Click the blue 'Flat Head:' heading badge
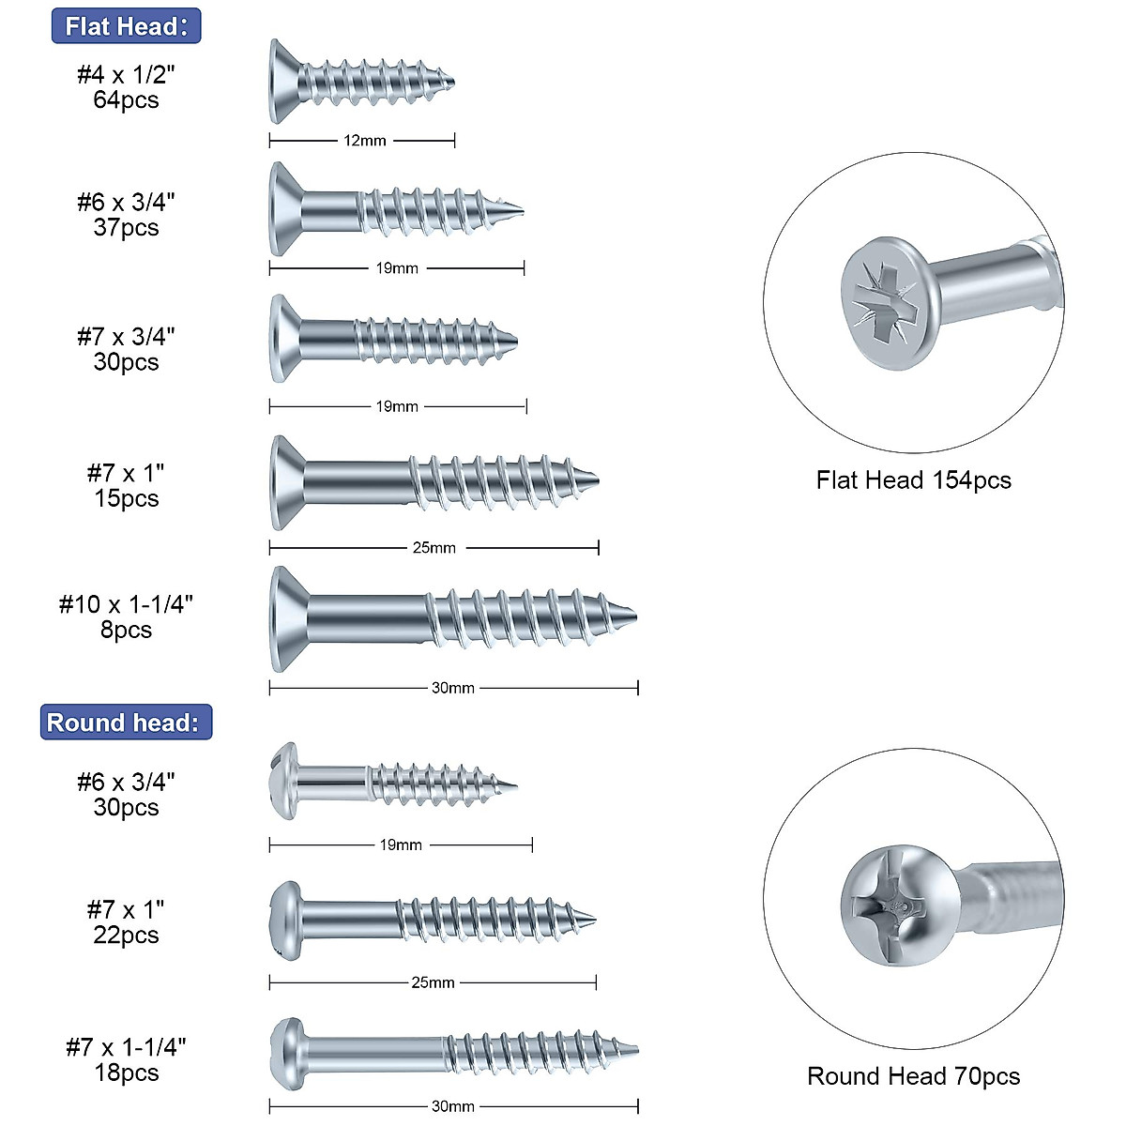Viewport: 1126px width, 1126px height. (x=126, y=26)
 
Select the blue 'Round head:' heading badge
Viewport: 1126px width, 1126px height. (x=126, y=723)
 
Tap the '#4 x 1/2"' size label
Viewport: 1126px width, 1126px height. (x=126, y=74)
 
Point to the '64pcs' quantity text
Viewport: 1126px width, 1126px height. (x=126, y=100)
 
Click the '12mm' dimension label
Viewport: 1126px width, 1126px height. (x=364, y=141)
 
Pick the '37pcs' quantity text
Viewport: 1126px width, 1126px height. (x=126, y=228)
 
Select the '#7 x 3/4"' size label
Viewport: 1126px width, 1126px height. (x=126, y=336)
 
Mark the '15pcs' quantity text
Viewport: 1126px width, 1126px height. (x=126, y=498)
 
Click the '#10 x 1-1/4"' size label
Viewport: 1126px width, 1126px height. (x=126, y=604)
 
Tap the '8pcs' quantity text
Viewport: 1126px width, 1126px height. (x=126, y=630)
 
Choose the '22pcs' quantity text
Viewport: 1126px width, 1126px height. (x=126, y=936)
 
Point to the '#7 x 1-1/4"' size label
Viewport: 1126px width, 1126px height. (x=126, y=1047)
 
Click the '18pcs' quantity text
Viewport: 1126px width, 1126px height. (x=126, y=1073)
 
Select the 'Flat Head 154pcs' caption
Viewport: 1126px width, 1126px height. (x=913, y=480)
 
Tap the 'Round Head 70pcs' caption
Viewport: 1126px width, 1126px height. (x=913, y=1076)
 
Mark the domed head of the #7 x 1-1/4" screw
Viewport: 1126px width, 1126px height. (x=286, y=1053)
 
